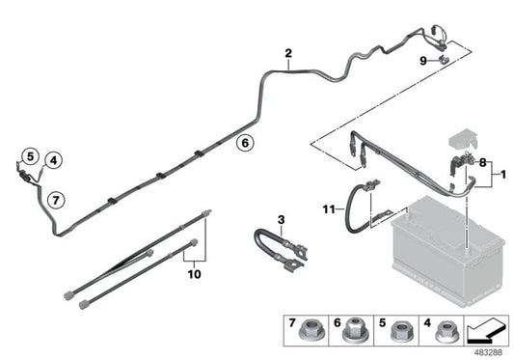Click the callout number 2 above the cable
(288, 53)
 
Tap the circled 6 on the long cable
(245, 143)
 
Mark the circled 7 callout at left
(56, 200)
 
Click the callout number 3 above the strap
(282, 220)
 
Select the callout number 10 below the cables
(196, 273)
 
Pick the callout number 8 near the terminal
(482, 164)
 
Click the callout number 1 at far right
(501, 176)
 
